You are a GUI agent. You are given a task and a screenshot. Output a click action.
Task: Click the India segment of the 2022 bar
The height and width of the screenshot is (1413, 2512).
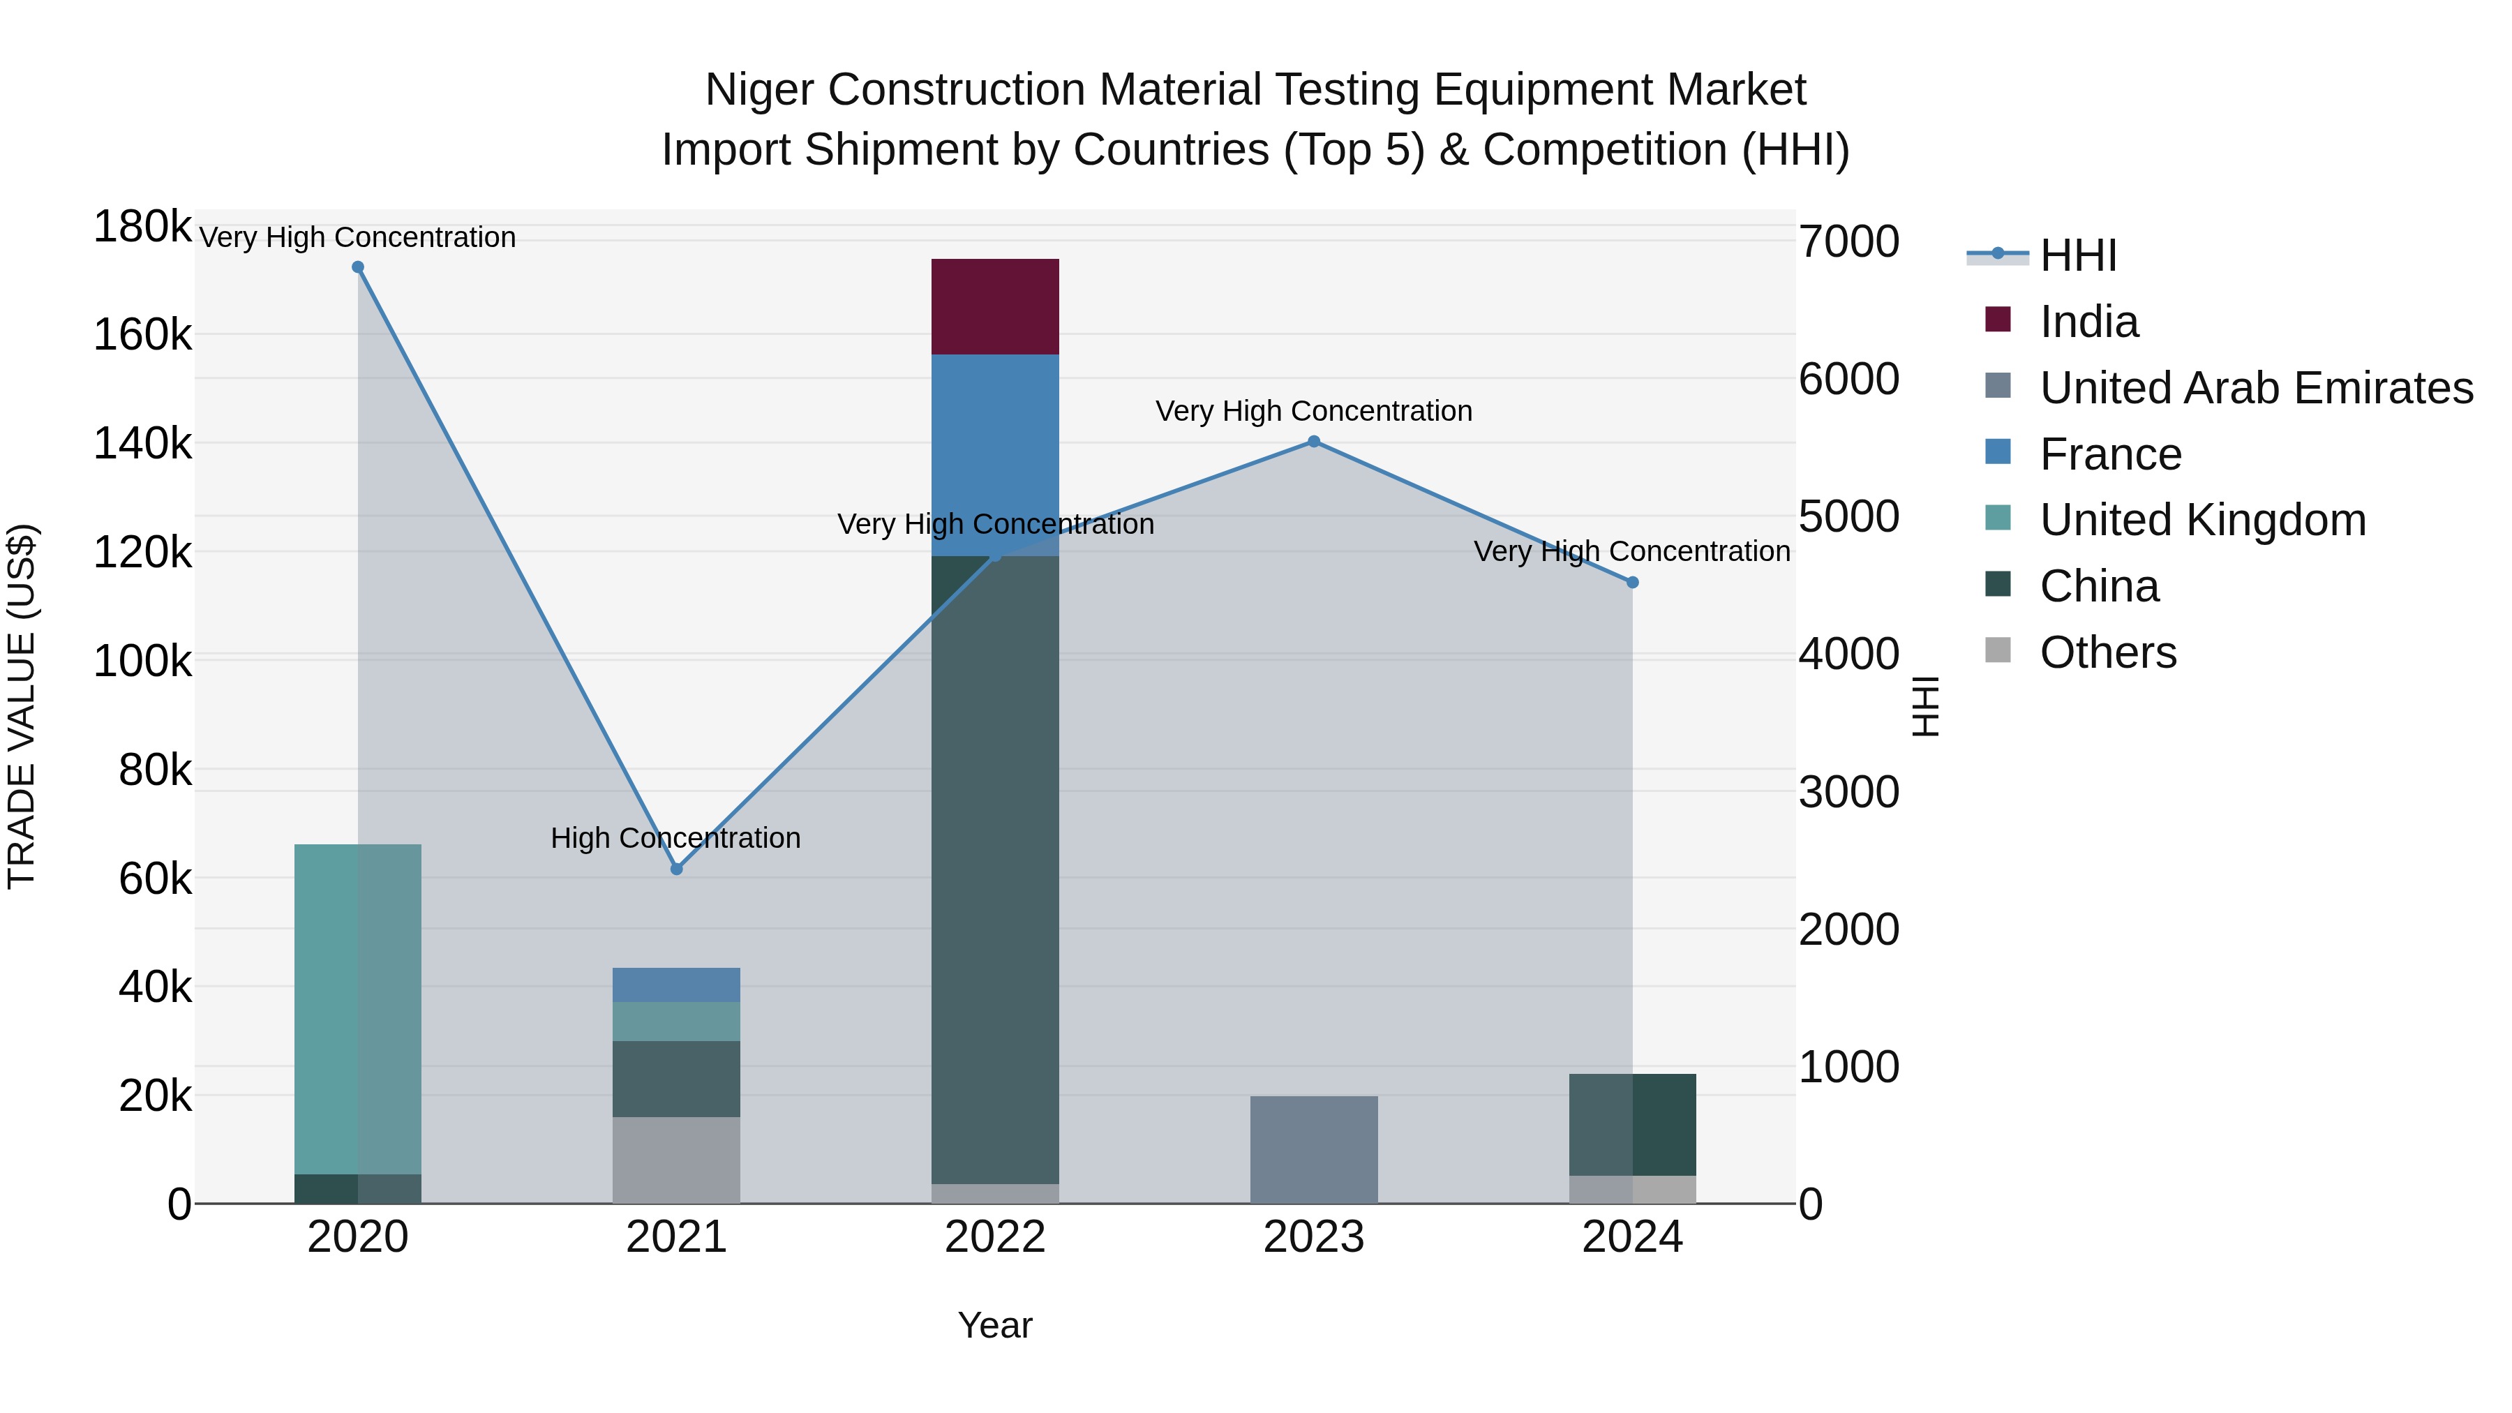click(x=994, y=306)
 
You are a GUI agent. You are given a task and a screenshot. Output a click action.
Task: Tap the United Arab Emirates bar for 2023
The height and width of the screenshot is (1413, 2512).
click(x=1313, y=1150)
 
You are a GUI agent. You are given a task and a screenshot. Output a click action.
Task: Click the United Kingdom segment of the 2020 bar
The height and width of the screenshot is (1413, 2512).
click(x=357, y=1008)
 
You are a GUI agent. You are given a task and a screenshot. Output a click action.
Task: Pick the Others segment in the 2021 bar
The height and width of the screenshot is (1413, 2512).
click(x=675, y=1160)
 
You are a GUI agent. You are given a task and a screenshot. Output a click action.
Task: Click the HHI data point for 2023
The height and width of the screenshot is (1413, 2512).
click(x=1313, y=442)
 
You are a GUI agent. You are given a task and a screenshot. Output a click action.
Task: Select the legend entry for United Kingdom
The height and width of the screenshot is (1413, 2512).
click(x=2202, y=520)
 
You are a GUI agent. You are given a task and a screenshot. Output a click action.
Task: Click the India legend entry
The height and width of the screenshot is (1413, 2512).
click(x=2088, y=322)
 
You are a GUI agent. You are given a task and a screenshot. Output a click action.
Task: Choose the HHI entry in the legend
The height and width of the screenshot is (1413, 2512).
click(x=2077, y=255)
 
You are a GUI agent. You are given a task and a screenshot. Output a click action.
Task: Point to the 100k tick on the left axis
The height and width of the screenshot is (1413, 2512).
click(x=142, y=662)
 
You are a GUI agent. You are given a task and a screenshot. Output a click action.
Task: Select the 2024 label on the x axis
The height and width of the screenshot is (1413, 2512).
click(x=1631, y=1237)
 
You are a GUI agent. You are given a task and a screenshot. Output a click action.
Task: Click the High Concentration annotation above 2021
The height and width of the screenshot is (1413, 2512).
click(x=675, y=839)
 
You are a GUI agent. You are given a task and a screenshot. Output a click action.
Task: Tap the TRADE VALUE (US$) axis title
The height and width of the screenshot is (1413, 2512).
click(x=22, y=706)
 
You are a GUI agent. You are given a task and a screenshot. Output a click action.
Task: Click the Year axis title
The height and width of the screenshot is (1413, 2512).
click(x=994, y=1325)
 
